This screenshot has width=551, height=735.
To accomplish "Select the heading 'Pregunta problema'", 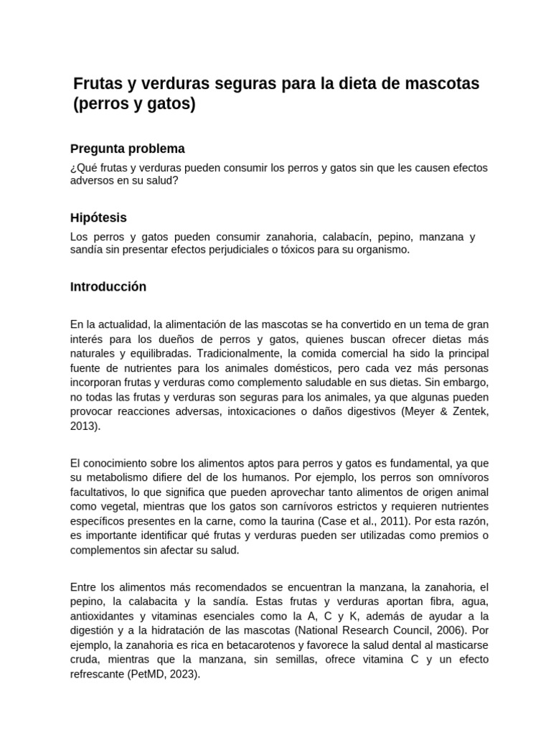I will [x=128, y=149].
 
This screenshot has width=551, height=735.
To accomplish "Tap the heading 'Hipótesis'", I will [x=98, y=217].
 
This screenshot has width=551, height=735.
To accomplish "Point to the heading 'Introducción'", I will [x=108, y=286].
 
